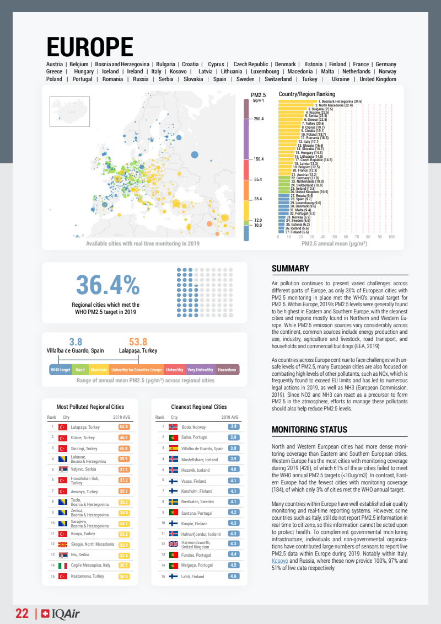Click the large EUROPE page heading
90,46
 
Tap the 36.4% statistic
107,285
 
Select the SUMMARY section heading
290,269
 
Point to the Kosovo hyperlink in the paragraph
279,561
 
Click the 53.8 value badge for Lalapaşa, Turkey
123,426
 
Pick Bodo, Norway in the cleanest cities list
193,427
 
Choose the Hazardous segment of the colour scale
227,370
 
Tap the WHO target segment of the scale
60,370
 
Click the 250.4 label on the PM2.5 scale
258,119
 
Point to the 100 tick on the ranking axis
391,237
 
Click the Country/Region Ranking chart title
306,94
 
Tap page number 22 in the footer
22,614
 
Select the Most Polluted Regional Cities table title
90,407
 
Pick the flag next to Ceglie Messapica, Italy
63,566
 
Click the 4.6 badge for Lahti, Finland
233,577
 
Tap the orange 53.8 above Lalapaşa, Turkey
138,342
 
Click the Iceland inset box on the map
69,112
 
